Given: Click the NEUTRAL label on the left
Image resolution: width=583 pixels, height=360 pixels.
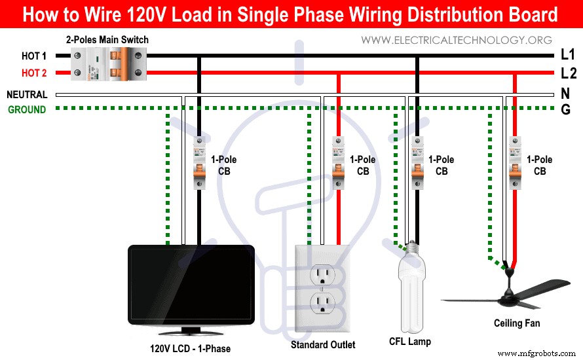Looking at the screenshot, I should [27, 95].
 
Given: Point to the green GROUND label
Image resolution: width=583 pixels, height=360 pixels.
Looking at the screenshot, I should [27, 110].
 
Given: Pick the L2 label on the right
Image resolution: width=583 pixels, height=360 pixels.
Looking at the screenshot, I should [568, 73].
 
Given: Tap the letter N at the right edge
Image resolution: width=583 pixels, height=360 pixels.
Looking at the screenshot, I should [565, 94].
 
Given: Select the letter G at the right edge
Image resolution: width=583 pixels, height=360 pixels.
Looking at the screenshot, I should [565, 109].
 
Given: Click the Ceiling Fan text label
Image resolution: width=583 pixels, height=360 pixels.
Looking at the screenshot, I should [517, 323].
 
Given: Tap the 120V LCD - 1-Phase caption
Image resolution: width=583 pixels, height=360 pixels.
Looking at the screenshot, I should [190, 348].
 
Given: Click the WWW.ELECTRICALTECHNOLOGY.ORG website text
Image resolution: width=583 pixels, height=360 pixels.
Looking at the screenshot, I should [457, 41].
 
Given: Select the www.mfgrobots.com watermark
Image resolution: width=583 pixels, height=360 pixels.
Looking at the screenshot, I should [540, 353].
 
